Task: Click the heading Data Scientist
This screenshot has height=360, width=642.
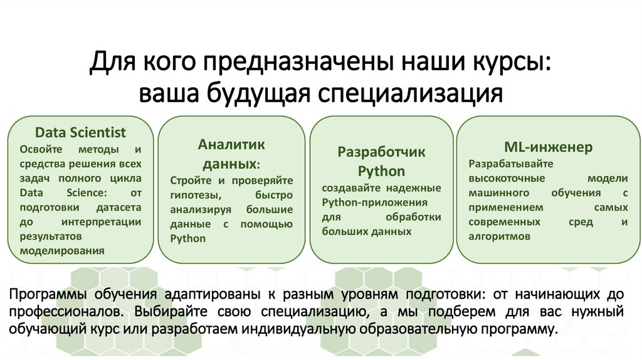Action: coord(80,133)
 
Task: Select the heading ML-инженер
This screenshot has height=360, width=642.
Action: coord(549,147)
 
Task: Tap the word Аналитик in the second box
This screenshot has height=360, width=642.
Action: coord(231,144)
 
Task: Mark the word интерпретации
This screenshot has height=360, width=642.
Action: coord(101,222)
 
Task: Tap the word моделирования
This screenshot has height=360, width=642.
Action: coord(62,251)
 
